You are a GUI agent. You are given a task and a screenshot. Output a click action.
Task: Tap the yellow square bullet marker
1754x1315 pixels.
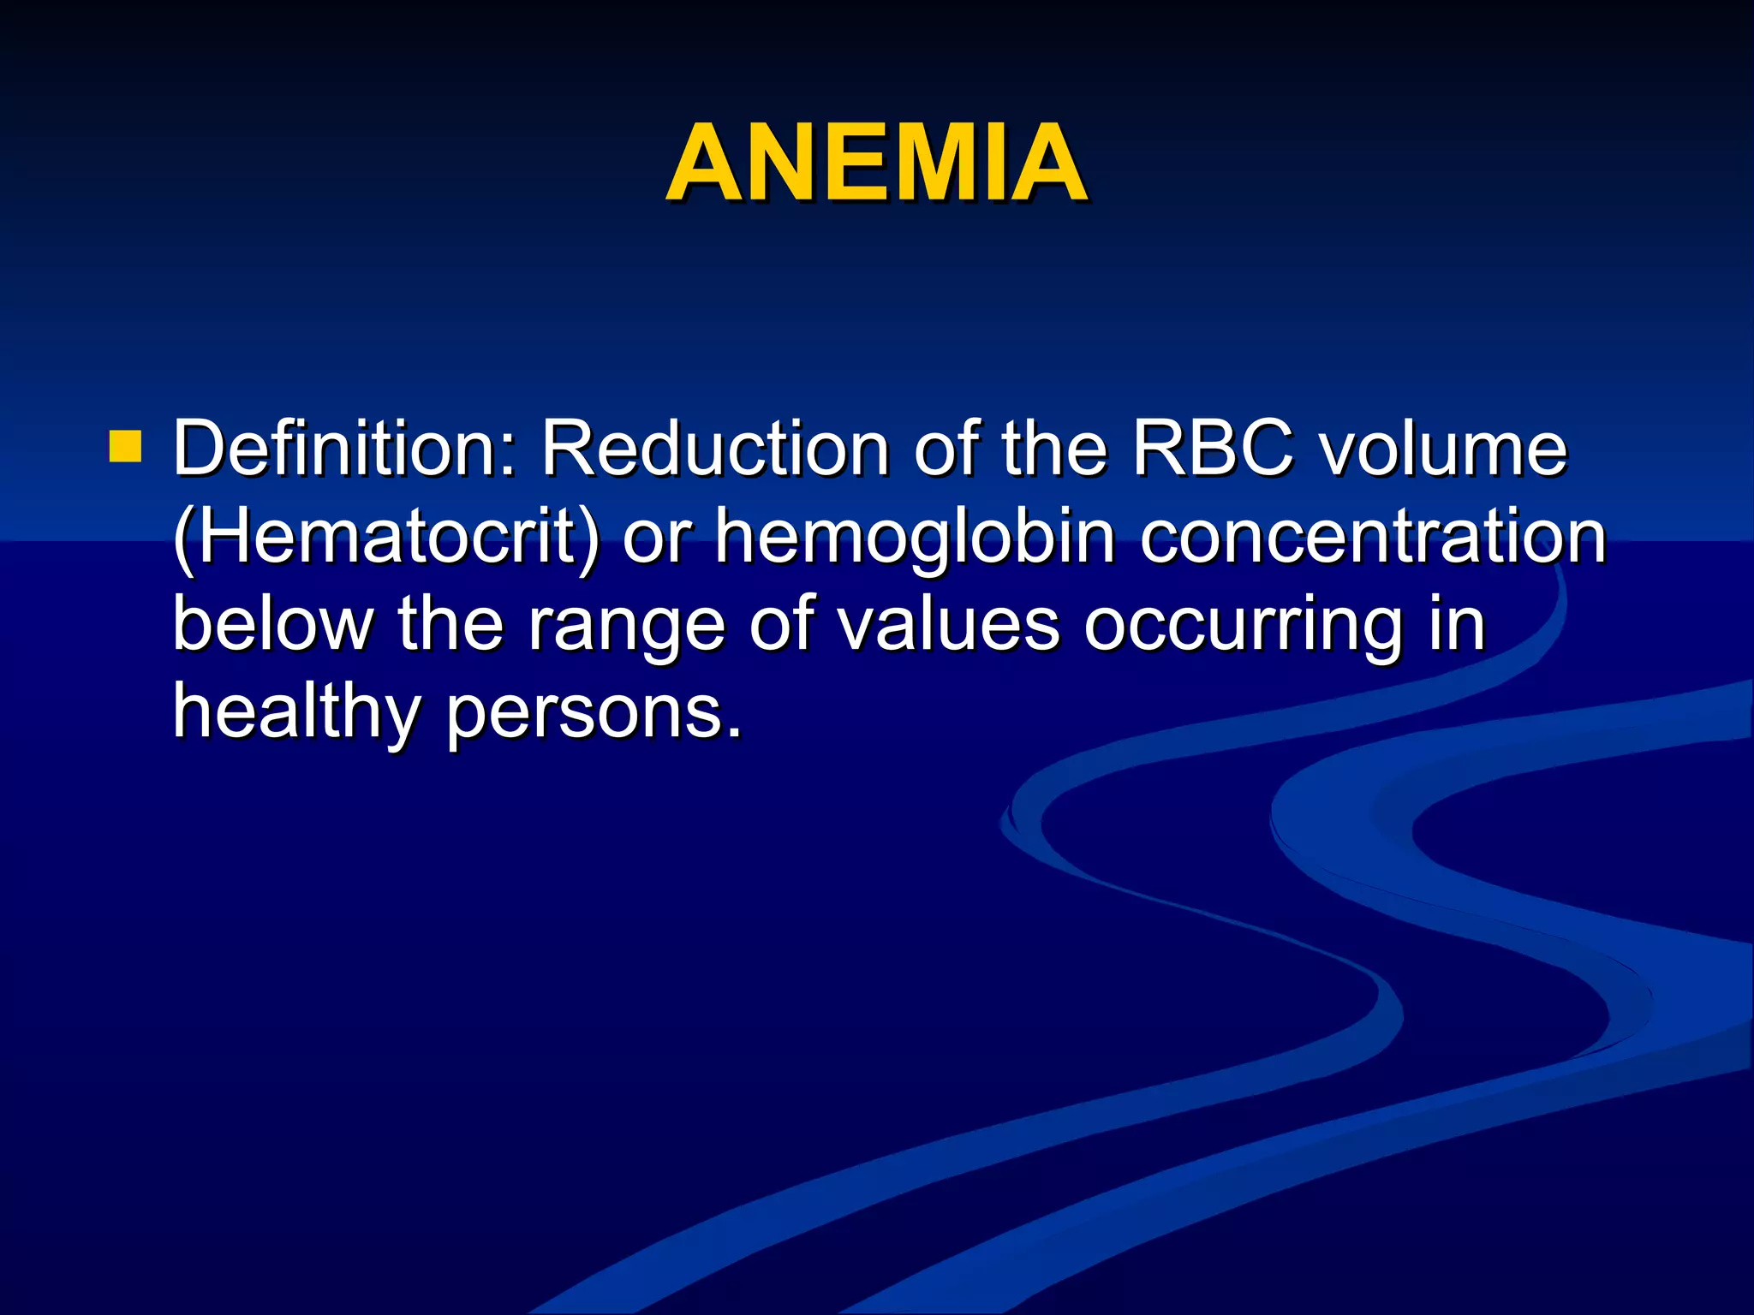tap(126, 447)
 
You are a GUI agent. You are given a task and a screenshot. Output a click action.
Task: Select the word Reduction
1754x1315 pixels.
tap(714, 449)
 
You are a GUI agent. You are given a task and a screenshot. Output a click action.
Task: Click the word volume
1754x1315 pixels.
tap(1442, 449)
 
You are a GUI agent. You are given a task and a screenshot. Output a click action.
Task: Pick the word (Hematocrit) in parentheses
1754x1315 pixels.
tap(385, 538)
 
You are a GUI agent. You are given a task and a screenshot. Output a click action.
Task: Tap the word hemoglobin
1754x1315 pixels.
tap(915, 538)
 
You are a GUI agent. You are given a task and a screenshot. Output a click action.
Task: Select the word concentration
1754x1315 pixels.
tap(1373, 538)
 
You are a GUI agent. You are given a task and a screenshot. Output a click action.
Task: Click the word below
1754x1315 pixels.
tap(273, 625)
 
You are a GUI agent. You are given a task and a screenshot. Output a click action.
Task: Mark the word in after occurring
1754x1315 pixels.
tap(1456, 625)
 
